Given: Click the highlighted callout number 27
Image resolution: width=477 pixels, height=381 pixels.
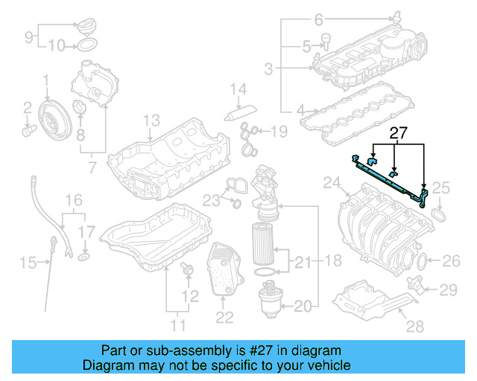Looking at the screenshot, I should pyautogui.click(x=399, y=134).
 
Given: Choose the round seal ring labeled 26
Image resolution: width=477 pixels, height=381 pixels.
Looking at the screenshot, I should pyautogui.click(x=421, y=261).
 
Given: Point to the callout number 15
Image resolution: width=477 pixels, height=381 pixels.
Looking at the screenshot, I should pyautogui.click(x=28, y=262).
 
